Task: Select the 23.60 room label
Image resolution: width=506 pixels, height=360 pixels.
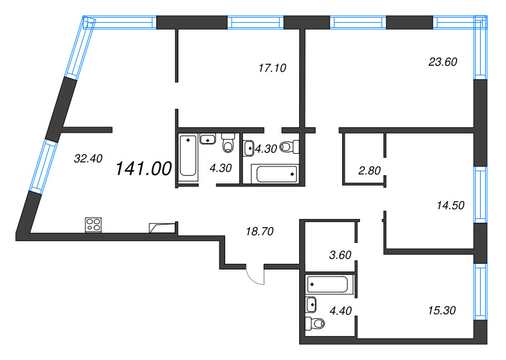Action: click(x=443, y=61)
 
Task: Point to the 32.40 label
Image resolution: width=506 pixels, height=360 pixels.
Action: click(x=88, y=159)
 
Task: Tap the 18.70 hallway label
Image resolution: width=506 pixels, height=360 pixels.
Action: click(x=258, y=232)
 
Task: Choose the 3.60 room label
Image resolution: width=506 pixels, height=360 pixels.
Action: click(x=340, y=255)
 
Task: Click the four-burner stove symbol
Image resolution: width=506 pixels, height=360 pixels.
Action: click(x=94, y=224)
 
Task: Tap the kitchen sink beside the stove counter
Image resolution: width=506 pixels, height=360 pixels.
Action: click(x=161, y=227)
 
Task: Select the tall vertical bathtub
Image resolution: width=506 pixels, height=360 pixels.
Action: click(x=188, y=156)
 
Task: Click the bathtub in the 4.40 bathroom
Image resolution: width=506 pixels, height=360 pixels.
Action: click(x=327, y=284)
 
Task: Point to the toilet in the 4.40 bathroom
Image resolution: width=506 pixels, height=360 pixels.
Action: click(x=314, y=325)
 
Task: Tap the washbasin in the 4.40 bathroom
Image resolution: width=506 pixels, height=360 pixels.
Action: click(x=312, y=305)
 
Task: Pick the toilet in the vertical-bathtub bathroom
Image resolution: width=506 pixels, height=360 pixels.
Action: click(x=228, y=142)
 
